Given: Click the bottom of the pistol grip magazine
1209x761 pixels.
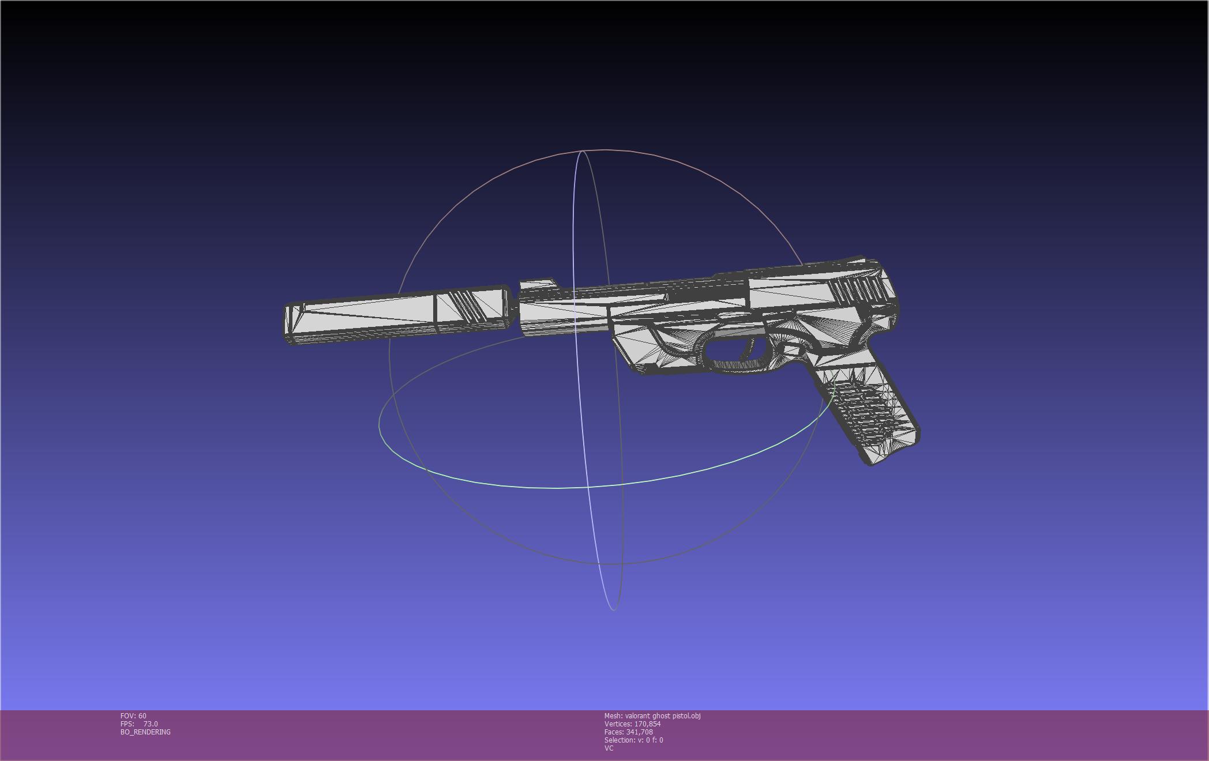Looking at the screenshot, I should pyautogui.click(x=893, y=453).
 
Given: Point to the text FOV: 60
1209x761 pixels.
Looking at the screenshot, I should pyautogui.click(x=133, y=716).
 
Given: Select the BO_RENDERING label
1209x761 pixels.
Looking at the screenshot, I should pyautogui.click(x=145, y=732).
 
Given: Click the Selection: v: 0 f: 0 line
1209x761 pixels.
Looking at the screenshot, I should pyautogui.click(x=633, y=740).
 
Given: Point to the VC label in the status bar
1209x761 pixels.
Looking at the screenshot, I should pyautogui.click(x=609, y=748).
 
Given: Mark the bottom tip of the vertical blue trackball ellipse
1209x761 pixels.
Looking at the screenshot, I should pyautogui.click(x=613, y=609).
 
